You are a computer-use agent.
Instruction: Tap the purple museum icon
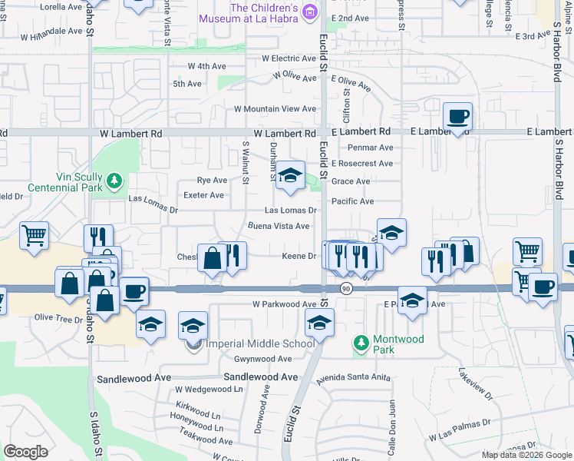[309, 12]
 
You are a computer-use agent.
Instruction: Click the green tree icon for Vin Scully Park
[115, 181]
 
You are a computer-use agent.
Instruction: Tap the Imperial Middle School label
[257, 343]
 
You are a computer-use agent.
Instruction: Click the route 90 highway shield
[347, 288]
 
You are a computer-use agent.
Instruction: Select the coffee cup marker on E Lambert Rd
[457, 117]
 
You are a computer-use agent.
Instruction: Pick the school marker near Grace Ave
[290, 176]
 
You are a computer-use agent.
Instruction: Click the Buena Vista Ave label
[278, 226]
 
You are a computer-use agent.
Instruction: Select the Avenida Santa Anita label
[358, 378]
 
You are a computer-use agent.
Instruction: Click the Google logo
[25, 452]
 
